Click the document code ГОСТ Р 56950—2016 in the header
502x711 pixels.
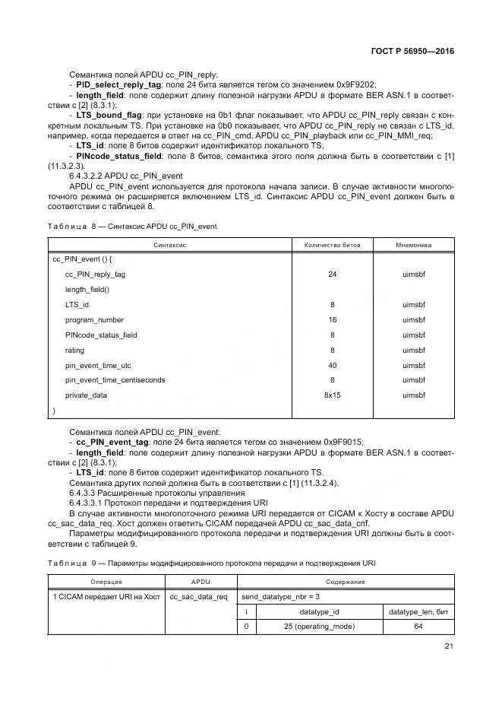point(411,51)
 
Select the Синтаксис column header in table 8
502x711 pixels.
point(170,245)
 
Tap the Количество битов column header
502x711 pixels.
point(332,245)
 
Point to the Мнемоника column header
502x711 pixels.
point(414,245)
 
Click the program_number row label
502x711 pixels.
point(94,320)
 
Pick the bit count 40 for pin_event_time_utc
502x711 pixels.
point(332,365)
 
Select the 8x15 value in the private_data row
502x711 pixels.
point(332,395)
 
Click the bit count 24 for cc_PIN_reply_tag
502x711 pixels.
point(332,275)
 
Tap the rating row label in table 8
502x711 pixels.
point(75,350)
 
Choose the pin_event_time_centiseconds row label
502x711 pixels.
point(115,380)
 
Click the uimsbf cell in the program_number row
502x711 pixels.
point(414,320)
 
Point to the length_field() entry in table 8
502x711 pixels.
point(87,290)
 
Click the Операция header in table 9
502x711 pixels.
point(106,582)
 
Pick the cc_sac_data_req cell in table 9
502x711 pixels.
point(198,596)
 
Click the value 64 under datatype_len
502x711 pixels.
point(418,626)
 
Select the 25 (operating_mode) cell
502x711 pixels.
point(319,626)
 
